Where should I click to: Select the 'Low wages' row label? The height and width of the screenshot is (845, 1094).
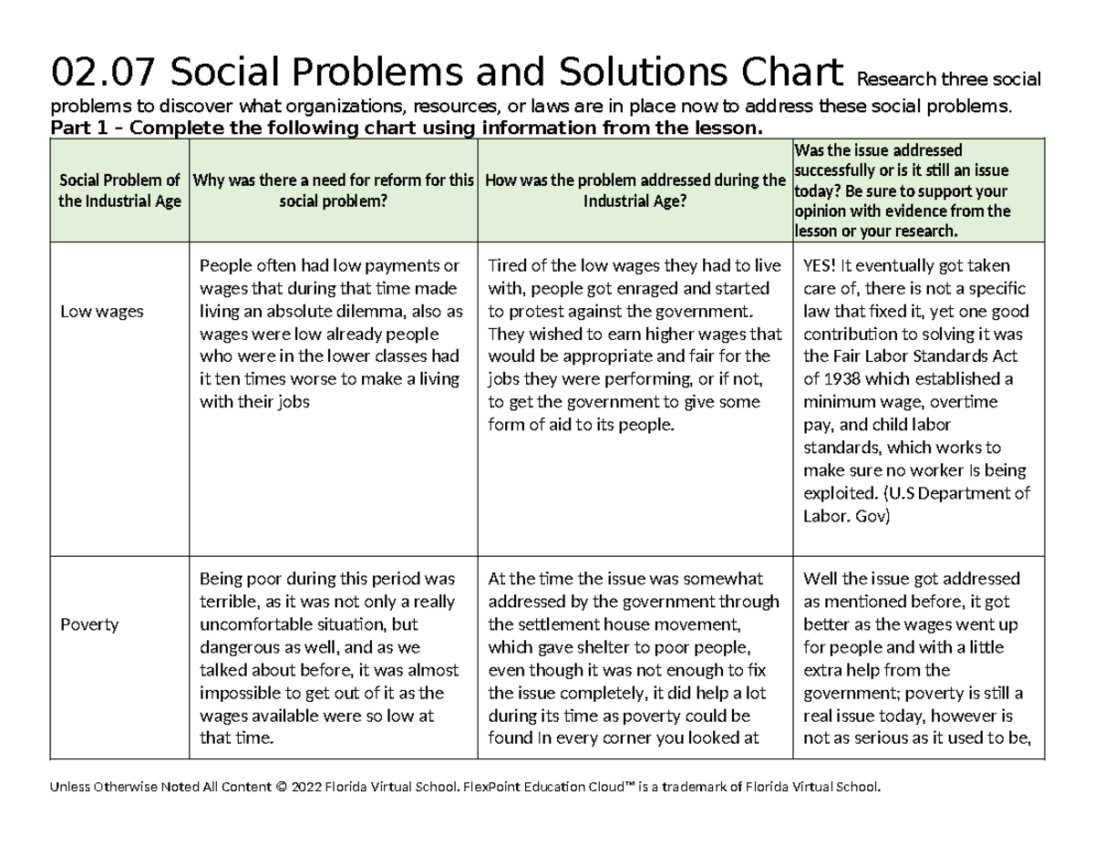coord(101,312)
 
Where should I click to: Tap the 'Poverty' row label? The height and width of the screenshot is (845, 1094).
coord(89,624)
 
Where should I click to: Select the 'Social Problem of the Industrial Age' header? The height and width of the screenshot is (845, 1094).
coord(119,191)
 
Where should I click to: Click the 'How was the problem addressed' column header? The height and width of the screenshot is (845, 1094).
coord(635,191)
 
